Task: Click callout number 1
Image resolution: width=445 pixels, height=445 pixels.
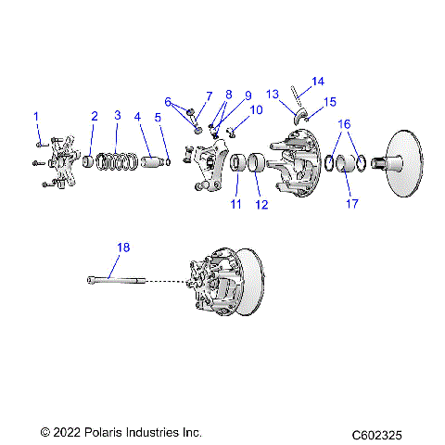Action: tap(37, 116)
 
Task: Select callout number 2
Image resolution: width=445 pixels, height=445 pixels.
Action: tap(94, 116)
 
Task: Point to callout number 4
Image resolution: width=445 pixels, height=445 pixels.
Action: tap(137, 117)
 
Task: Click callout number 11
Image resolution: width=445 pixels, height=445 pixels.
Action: tap(235, 203)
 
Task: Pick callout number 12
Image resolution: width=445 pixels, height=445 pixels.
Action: tap(261, 204)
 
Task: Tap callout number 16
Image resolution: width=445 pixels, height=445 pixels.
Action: tap(344, 123)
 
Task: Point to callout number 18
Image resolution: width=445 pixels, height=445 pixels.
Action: tap(123, 247)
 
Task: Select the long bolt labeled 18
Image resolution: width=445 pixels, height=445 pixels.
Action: tap(120, 279)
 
